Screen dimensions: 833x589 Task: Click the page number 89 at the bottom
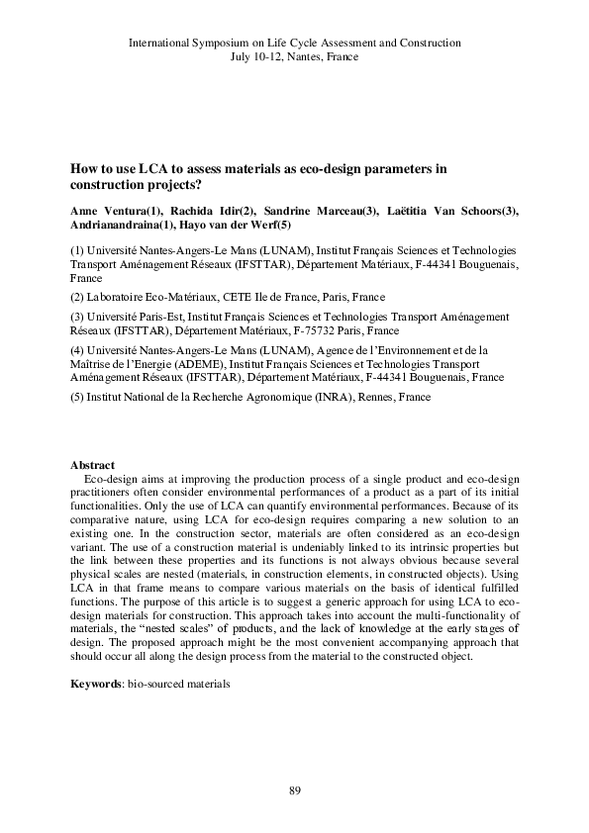click(x=294, y=789)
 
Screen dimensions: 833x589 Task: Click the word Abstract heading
click(x=92, y=465)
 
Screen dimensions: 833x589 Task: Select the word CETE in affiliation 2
click(x=238, y=297)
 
